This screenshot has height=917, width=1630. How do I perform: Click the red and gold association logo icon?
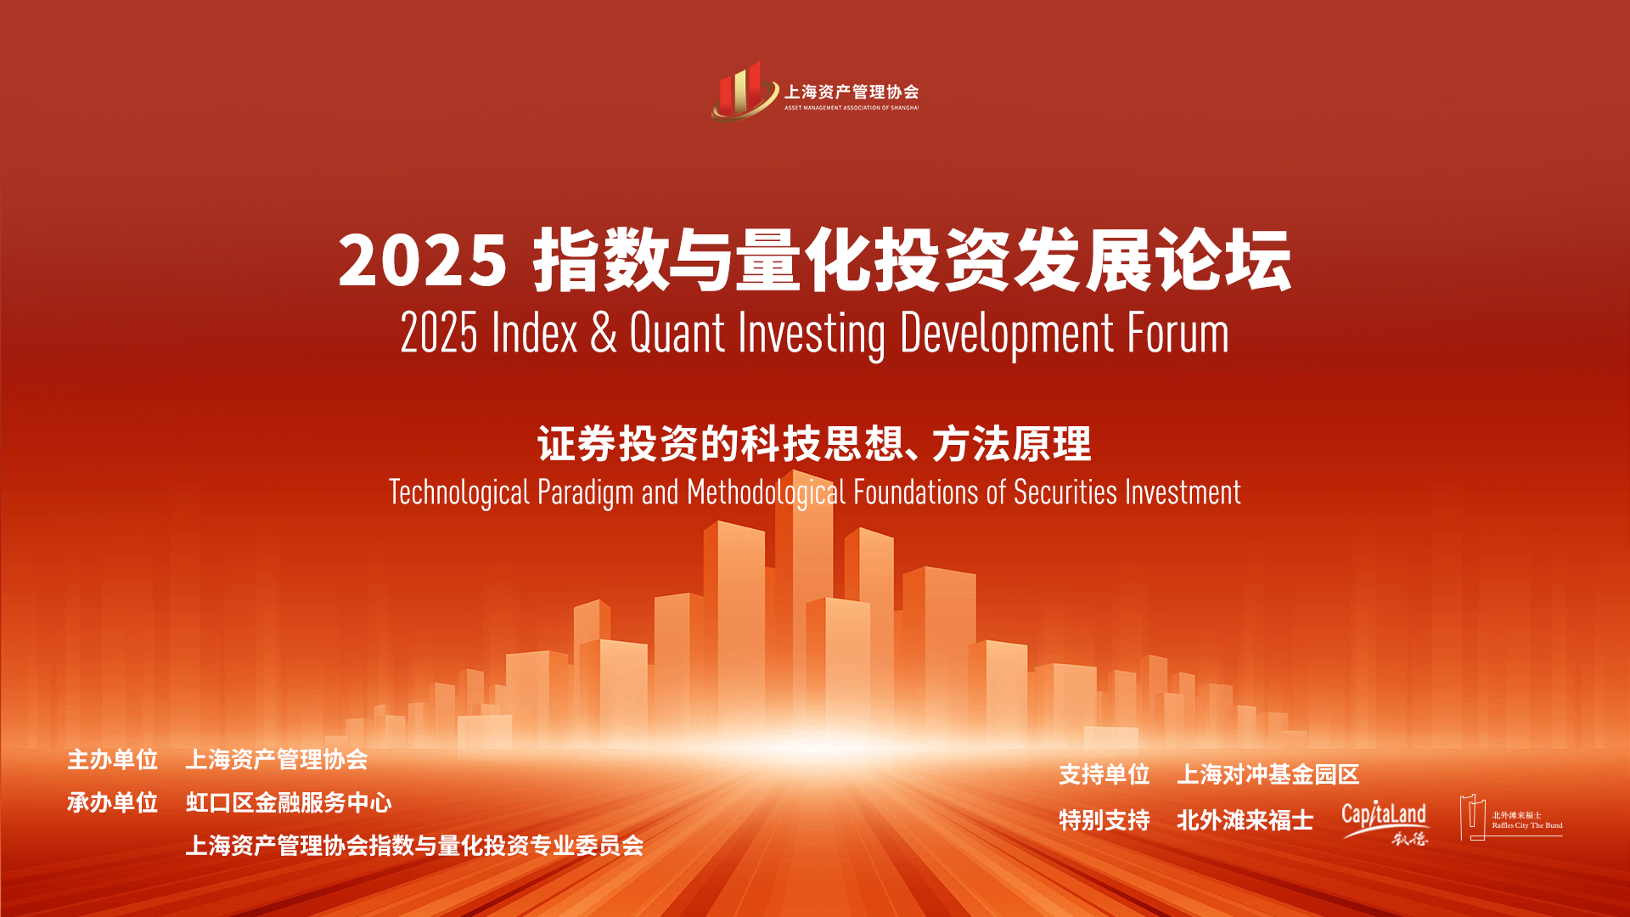click(745, 92)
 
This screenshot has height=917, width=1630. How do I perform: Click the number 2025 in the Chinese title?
click(423, 260)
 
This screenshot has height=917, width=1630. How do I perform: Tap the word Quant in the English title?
click(677, 333)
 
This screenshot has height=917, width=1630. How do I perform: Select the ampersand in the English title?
click(603, 333)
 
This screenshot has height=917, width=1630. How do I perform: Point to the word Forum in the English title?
click(1178, 333)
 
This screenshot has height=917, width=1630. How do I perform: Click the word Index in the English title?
click(534, 333)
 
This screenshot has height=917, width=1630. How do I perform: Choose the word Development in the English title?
click(1006, 334)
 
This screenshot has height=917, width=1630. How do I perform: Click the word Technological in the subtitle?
click(459, 492)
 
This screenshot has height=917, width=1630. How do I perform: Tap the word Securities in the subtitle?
click(1065, 492)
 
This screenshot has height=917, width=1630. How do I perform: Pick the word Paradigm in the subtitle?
click(586, 492)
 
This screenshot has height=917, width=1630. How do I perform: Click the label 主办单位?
click(113, 759)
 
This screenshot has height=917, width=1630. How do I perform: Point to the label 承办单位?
click(113, 802)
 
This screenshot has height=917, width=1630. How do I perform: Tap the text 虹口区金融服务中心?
click(289, 802)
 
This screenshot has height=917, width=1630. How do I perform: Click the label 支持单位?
click(1104, 774)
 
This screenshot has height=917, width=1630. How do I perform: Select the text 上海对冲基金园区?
click(1268, 774)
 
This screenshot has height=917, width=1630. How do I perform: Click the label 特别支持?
click(1104, 820)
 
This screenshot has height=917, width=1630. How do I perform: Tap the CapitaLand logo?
click(1385, 822)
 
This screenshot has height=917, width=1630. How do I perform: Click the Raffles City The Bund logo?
click(1511, 818)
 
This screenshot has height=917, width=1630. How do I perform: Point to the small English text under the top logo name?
click(852, 108)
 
